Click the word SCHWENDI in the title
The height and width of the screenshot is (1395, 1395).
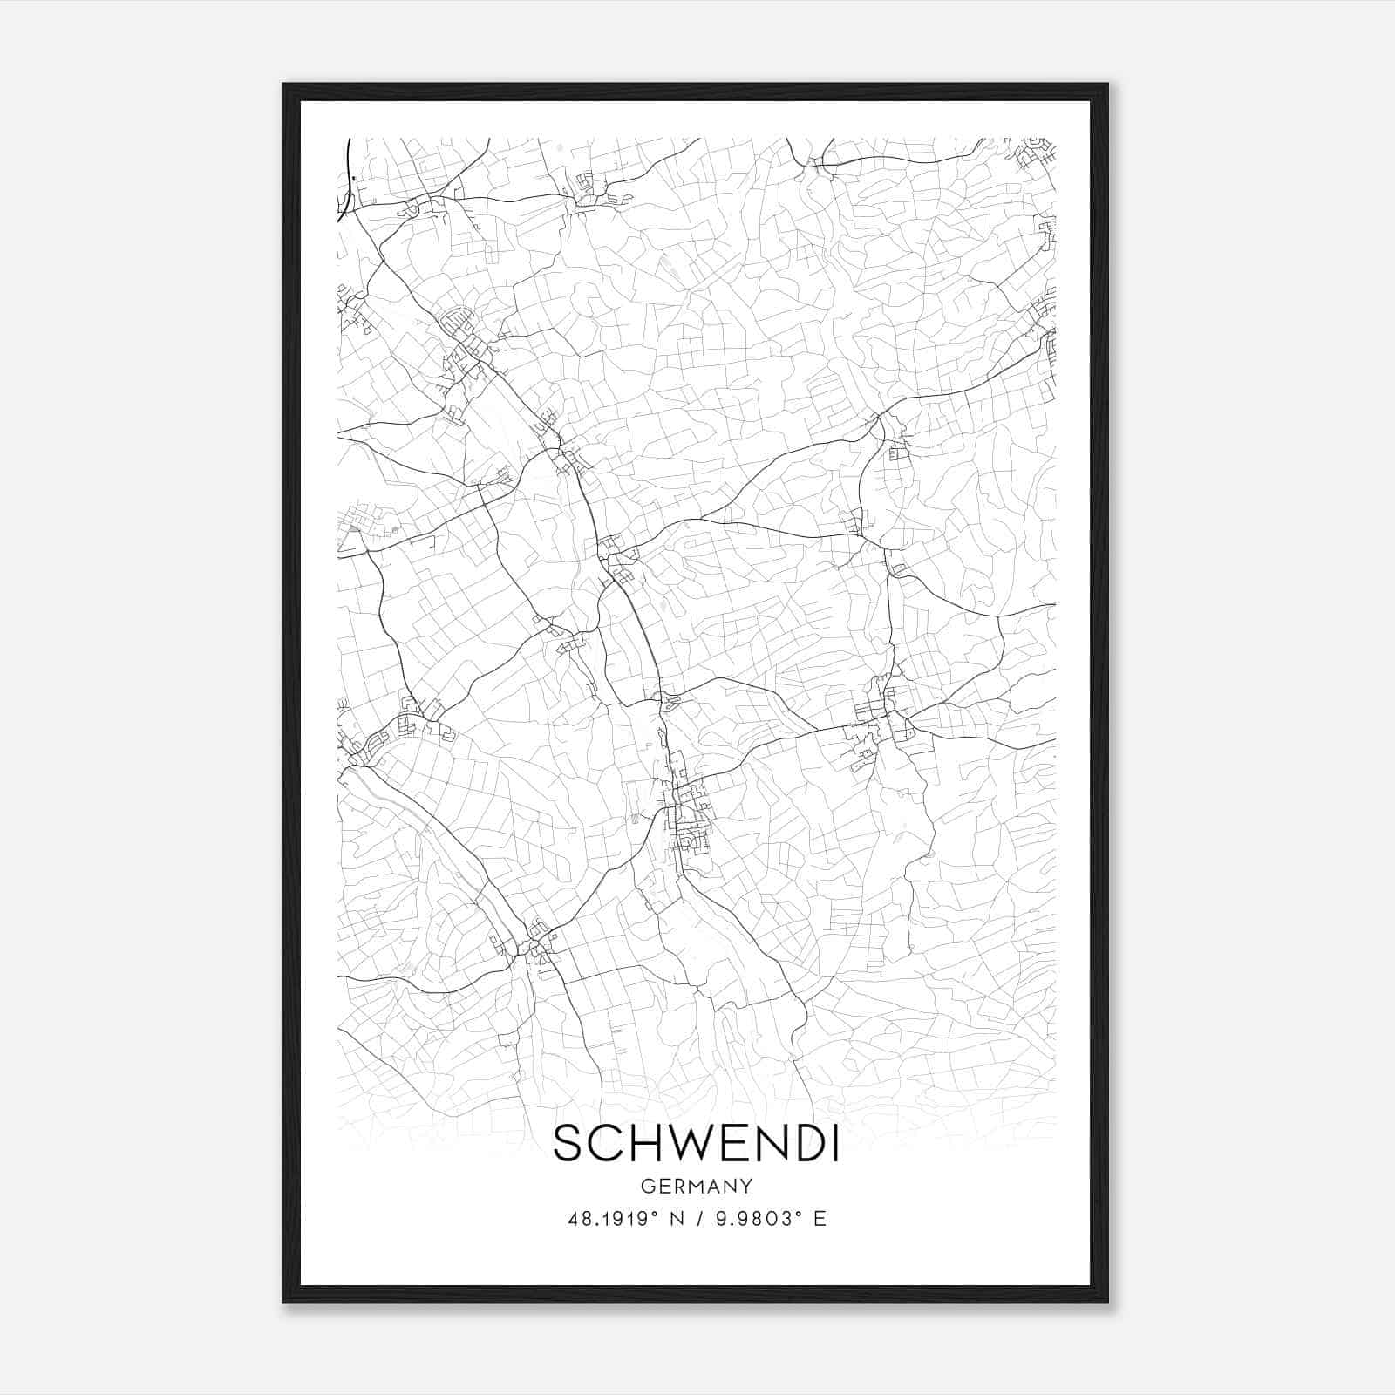pyautogui.click(x=696, y=1143)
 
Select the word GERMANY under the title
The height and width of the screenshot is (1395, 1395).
pyautogui.click(x=696, y=1186)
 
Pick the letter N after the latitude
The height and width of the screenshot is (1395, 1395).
pyautogui.click(x=675, y=1219)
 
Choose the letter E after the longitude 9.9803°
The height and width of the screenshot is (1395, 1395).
pyautogui.click(x=819, y=1219)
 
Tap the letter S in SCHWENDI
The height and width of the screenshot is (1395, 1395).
pyautogui.click(x=568, y=1143)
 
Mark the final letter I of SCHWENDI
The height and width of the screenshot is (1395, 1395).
pyautogui.click(x=834, y=1143)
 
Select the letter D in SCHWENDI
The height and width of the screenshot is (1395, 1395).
pyautogui.click(x=806, y=1143)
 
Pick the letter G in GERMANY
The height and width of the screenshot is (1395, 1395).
pyautogui.click(x=647, y=1186)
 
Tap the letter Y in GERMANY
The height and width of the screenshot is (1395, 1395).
pyautogui.click(x=746, y=1186)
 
